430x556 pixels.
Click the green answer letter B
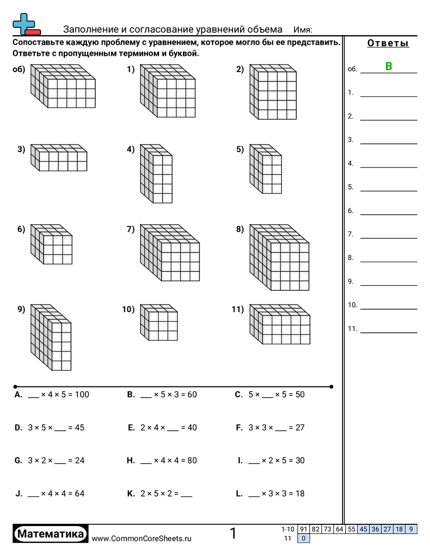[x=389, y=66]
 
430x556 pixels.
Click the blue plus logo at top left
[x=24, y=24]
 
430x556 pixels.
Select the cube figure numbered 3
[x=59, y=157]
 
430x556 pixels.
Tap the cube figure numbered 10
[x=159, y=322]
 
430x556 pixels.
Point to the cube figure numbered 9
[x=51, y=337]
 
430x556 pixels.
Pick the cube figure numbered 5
[x=266, y=168]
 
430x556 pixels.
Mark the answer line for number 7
[x=388, y=238]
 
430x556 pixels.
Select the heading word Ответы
[x=388, y=43]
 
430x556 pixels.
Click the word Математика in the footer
[x=51, y=534]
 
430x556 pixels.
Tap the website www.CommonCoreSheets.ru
[x=142, y=539]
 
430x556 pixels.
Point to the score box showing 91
[x=304, y=529]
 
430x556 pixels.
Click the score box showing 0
[x=304, y=538]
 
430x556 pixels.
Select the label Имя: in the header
[x=302, y=29]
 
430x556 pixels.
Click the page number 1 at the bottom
[x=233, y=534]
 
